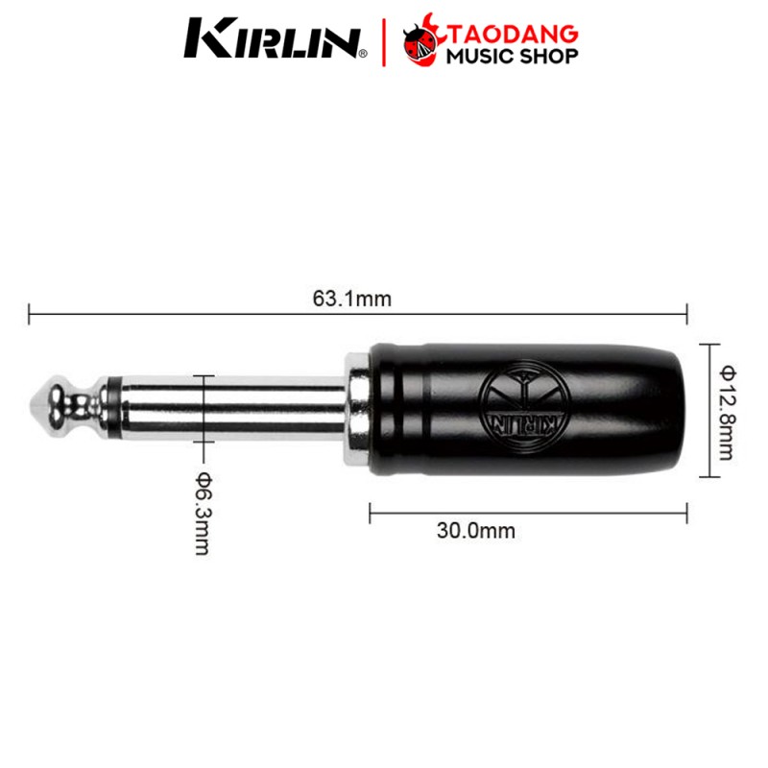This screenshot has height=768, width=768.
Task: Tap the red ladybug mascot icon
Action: coord(420,41)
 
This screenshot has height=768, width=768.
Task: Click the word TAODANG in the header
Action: coord(514,35)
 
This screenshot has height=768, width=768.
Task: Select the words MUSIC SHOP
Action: coord(512,57)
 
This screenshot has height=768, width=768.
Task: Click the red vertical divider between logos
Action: coord(383,42)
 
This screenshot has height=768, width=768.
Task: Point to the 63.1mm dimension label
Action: coord(352,299)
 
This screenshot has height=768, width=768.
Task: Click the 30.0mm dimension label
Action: coord(475,531)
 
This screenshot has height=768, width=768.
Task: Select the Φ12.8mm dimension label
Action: coord(726,413)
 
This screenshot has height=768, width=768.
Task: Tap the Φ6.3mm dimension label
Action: coord(203,514)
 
